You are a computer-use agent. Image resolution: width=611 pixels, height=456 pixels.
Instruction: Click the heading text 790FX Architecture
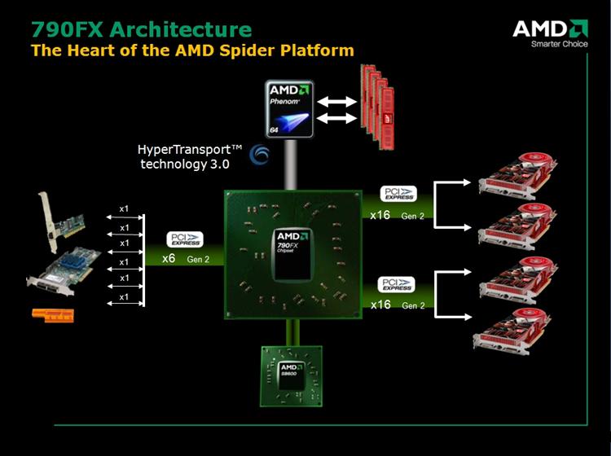[x=141, y=29]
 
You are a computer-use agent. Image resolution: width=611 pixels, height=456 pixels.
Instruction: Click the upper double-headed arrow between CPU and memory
[x=336, y=103]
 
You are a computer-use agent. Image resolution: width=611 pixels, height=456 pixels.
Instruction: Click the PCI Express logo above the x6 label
[x=185, y=239]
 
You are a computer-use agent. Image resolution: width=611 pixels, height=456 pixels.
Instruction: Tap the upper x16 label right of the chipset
[x=380, y=216]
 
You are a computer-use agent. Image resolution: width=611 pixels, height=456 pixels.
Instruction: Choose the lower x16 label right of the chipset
[x=380, y=305]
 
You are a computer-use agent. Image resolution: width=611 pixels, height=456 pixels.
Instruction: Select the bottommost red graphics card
[x=515, y=335]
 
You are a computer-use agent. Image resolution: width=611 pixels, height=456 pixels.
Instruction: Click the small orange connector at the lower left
[x=52, y=313]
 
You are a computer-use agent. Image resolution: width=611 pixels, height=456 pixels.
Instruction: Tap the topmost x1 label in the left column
[x=124, y=209]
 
